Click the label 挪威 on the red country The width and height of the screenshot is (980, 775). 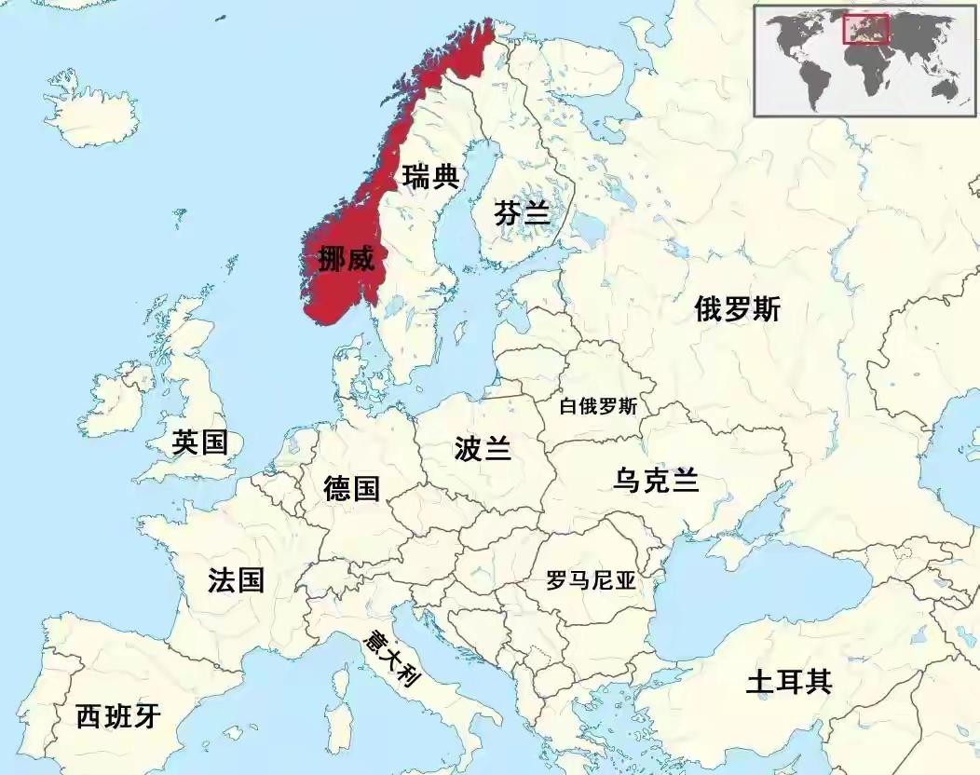coord(346,259)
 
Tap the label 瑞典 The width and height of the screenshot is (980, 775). coord(429,175)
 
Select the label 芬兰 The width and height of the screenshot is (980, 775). coord(522,213)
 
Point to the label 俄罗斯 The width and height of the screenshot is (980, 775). coord(738,309)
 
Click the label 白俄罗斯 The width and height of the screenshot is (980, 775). coord(598,407)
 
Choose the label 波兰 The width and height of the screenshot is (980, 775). coord(483,448)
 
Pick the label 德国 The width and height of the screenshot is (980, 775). coord(352,487)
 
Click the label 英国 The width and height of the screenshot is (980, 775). coord(199,442)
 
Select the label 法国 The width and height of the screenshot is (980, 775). coord(236,580)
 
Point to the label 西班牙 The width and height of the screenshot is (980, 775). coord(118,716)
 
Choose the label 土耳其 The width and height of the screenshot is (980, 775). coord(788,683)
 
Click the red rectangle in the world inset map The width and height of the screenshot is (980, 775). coord(865,29)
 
